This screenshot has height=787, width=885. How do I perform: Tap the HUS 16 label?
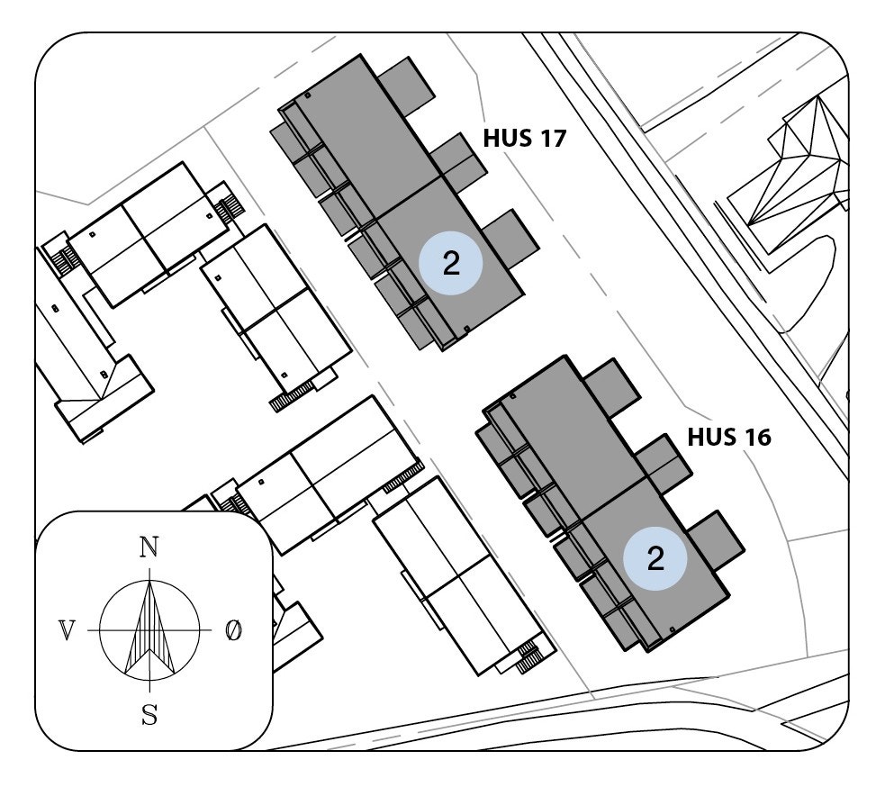tap(728, 438)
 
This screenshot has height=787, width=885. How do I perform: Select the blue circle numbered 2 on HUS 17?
tap(451, 262)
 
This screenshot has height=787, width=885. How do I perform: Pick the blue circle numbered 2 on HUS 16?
tap(655, 558)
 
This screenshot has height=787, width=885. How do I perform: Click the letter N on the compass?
tap(149, 547)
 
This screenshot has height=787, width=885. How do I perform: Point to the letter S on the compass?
tap(149, 716)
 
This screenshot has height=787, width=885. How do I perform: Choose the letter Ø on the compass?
tap(233, 631)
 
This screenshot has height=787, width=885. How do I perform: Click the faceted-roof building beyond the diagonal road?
tap(792, 171)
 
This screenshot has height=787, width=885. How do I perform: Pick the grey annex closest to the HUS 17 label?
tap(458, 165)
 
